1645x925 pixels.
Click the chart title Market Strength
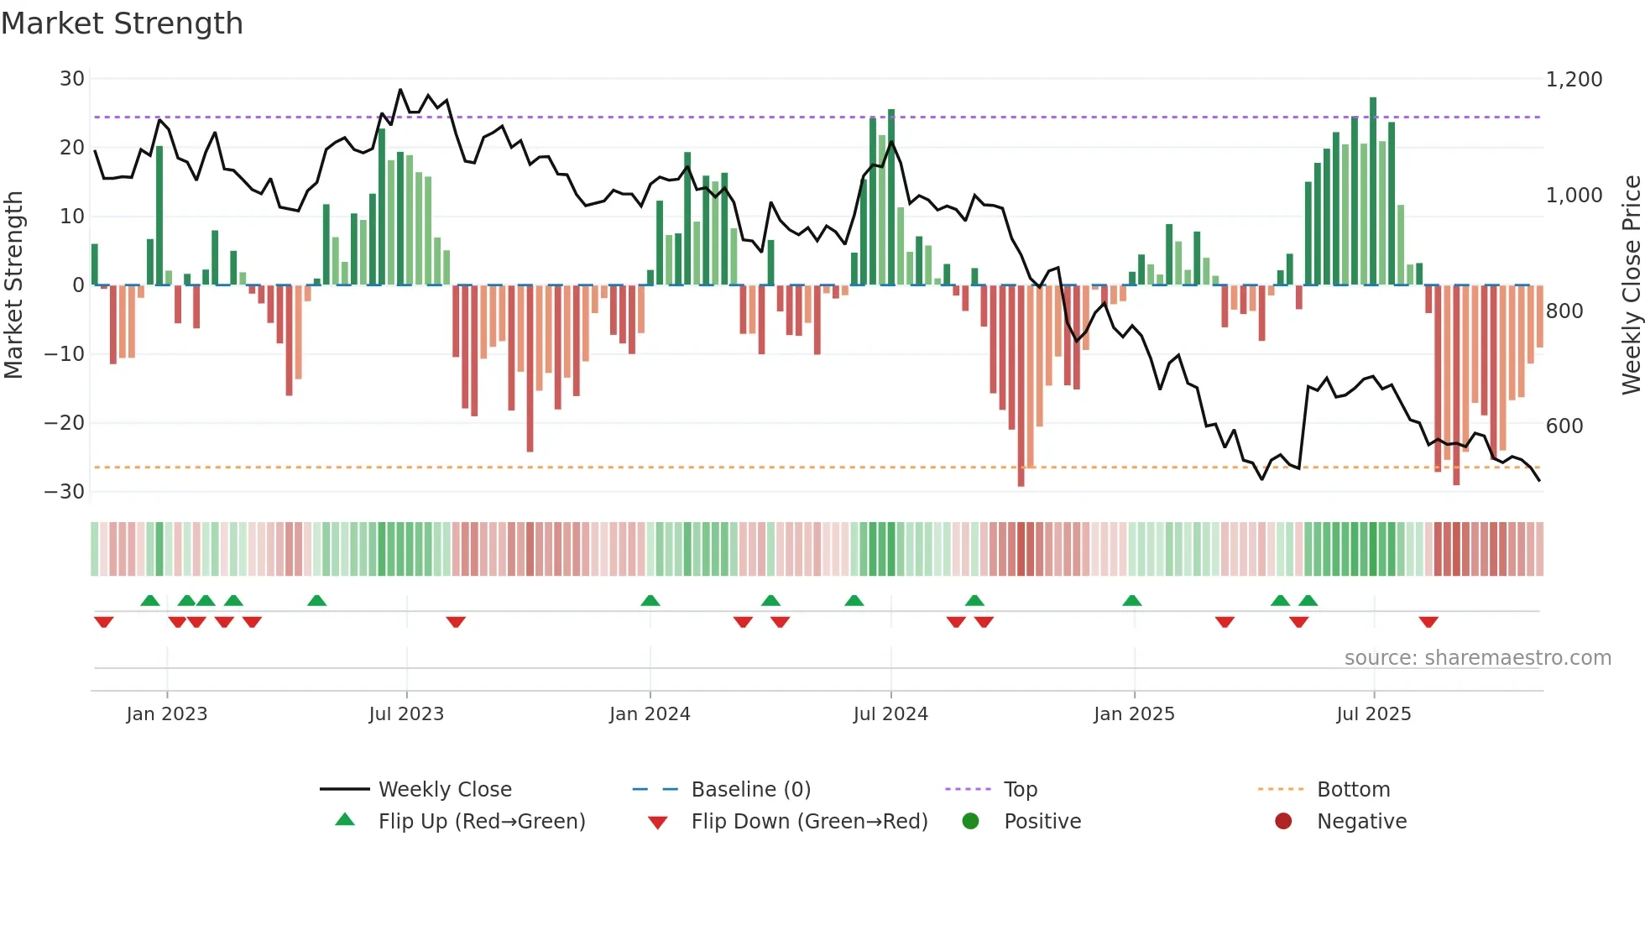[x=122, y=24]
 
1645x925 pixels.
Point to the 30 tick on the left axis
[x=72, y=79]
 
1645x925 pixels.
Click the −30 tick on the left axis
[x=65, y=492]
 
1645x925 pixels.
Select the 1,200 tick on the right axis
[x=1574, y=80]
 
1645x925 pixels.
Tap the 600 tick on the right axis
[x=1564, y=426]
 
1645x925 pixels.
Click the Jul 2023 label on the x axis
[x=406, y=714]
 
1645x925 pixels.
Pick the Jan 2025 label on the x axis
[x=1134, y=714]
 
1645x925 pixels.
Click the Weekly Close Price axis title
[x=1631, y=285]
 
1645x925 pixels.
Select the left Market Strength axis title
[x=13, y=285]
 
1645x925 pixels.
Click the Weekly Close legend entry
[x=445, y=790]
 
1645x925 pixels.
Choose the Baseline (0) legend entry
[x=750, y=790]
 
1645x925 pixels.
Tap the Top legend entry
[x=1021, y=790]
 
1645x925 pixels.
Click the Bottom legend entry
[x=1353, y=790]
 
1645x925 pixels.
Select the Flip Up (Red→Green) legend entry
[x=481, y=822]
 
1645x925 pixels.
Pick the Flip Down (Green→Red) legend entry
[x=809, y=822]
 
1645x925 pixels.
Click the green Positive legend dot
[x=971, y=822]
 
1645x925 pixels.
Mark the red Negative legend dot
[x=1283, y=822]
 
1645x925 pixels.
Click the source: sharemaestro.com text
[x=1477, y=658]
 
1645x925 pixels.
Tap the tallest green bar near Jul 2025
[x=1373, y=191]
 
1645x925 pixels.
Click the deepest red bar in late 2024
[x=1021, y=386]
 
